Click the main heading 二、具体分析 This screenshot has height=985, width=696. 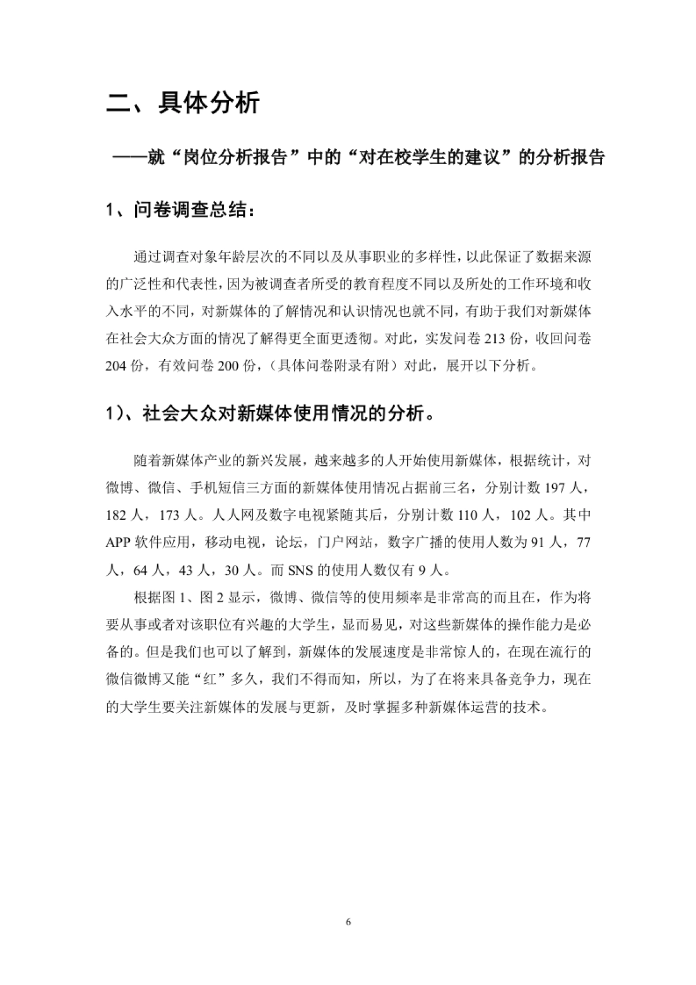click(x=183, y=103)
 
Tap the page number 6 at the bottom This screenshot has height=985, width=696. click(x=348, y=922)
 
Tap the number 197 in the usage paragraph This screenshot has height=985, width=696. click(x=555, y=487)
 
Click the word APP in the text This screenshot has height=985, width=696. click(x=118, y=542)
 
